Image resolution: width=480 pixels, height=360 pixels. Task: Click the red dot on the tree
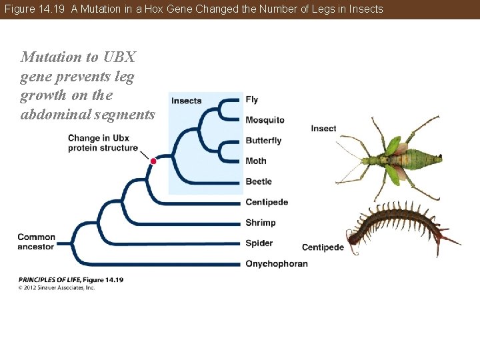click(x=153, y=161)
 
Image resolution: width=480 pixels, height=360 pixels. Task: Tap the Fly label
click(x=252, y=100)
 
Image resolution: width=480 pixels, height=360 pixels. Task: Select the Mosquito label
click(x=265, y=120)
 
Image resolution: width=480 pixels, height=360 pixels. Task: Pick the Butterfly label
click(x=263, y=141)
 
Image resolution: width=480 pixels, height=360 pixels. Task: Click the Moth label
click(x=256, y=161)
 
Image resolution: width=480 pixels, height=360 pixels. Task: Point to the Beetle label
click(x=259, y=181)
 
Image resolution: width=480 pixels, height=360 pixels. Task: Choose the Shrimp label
click(x=260, y=223)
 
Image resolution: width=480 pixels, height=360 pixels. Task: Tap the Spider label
click(x=259, y=243)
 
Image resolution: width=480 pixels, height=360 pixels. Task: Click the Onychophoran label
click(x=276, y=264)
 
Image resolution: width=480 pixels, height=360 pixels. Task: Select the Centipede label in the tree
click(x=267, y=202)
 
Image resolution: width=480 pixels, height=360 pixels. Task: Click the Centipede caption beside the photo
click(x=323, y=247)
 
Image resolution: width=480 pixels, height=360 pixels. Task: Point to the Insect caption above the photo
click(x=323, y=128)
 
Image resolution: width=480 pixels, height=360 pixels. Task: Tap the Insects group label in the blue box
click(x=186, y=101)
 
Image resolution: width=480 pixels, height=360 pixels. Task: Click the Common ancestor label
click(x=37, y=241)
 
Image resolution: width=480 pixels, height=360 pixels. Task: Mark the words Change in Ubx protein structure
click(x=103, y=143)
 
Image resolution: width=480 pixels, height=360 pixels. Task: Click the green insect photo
click(x=390, y=160)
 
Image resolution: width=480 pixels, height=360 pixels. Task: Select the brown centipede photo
click(x=400, y=227)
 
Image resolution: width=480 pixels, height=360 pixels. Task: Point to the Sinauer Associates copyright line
click(x=57, y=287)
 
